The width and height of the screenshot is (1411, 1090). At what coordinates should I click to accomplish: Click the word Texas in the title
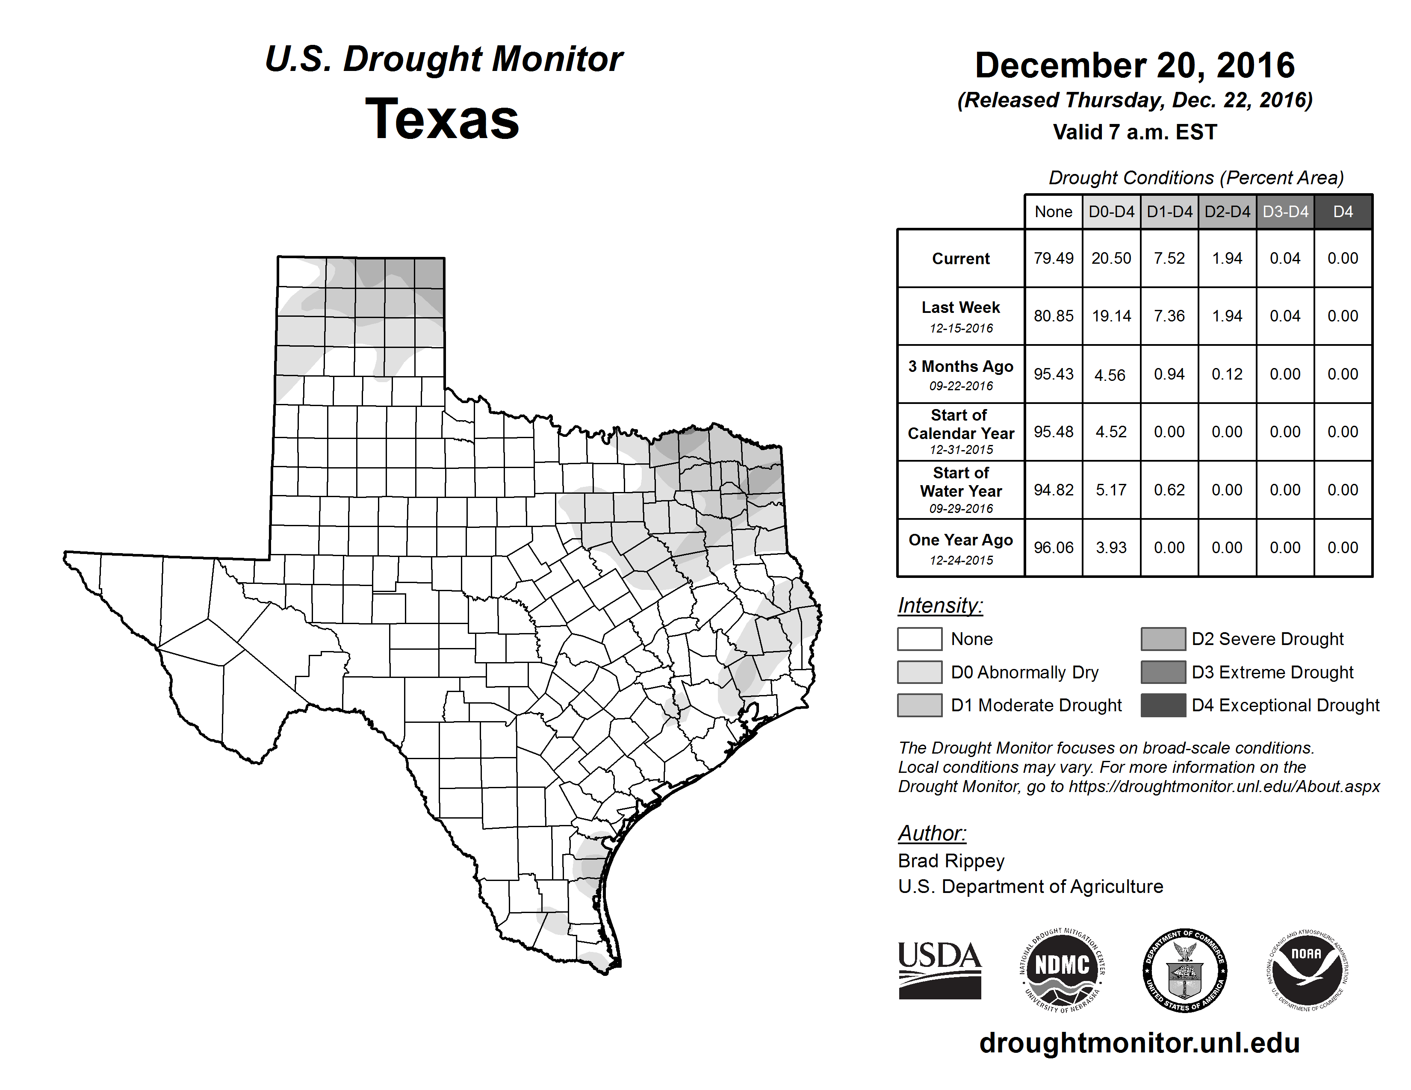pos(442,119)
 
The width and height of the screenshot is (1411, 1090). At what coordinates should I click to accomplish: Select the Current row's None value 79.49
pos(1053,258)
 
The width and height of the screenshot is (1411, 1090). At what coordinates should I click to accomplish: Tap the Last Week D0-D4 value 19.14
pos(1111,316)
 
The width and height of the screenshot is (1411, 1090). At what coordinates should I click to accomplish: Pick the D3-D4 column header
pos(1285,212)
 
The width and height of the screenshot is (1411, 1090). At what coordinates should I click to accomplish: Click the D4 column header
pos(1343,212)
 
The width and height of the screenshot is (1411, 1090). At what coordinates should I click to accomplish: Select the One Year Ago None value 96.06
pos(1053,548)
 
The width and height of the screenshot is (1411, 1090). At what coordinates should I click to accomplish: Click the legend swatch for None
pos(919,639)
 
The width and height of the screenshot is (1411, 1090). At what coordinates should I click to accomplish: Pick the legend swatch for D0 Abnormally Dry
pos(919,672)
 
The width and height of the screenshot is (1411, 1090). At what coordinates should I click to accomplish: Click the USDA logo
pos(939,970)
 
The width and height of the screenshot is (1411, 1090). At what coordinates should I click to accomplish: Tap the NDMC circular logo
pos(1062,970)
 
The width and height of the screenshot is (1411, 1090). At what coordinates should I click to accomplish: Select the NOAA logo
pos(1306,970)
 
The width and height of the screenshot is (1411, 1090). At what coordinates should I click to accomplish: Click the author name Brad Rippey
pos(951,861)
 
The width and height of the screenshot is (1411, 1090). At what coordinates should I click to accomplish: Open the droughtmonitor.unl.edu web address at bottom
pos(1139,1043)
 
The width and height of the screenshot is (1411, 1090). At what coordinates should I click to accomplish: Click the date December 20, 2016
pos(1134,65)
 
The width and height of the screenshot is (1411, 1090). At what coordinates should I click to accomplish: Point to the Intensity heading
pos(940,606)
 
